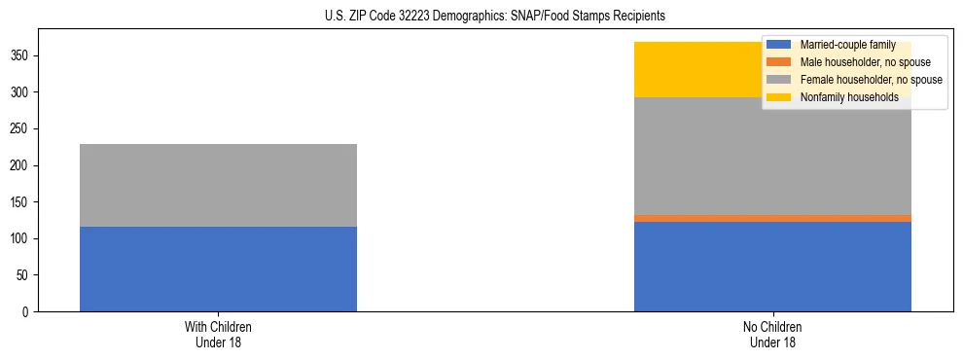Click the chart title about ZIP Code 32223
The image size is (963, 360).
495,17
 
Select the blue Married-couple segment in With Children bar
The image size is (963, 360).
218,269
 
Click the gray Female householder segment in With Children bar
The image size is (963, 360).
218,185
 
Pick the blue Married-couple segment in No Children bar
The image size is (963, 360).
772,267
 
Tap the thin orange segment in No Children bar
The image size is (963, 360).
772,218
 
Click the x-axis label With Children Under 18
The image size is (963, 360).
218,335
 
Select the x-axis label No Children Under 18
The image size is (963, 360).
772,335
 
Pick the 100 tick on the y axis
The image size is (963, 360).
22,238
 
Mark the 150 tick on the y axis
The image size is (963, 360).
22,202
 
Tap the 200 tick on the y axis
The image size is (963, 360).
22,165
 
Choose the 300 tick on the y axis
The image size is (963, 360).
22,92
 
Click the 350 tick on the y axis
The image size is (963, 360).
22,56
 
